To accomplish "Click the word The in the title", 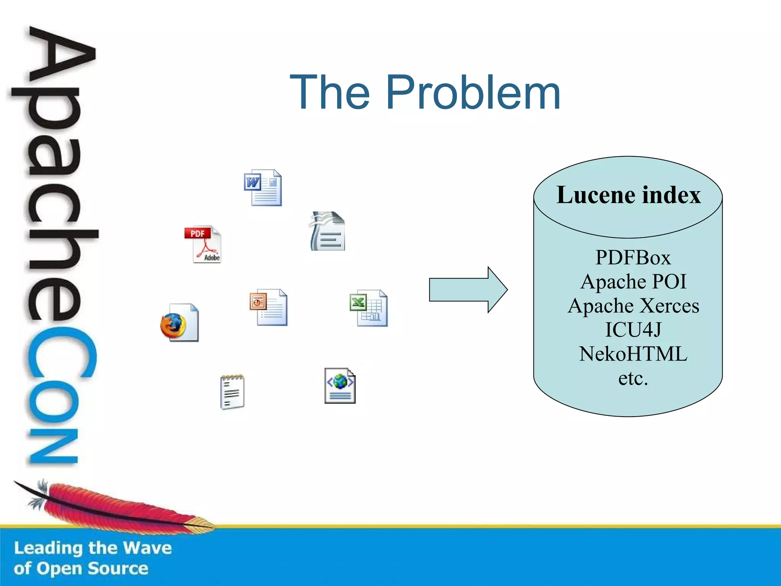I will [330, 92].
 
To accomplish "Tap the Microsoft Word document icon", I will [263, 188].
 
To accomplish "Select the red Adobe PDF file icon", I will [203, 244].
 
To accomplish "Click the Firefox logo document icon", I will [179, 323].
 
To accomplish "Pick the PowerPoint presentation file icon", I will [268, 307].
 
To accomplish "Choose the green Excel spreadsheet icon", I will [369, 308].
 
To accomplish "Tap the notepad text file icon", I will [232, 392].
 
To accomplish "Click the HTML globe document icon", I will [340, 385].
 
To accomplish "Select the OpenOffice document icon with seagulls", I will [328, 231].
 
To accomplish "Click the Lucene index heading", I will [628, 195].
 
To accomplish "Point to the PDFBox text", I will [633, 258].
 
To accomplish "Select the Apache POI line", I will [633, 282].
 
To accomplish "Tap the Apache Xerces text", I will [633, 306].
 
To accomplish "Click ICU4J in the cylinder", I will [633, 330].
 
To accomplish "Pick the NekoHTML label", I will [633, 354].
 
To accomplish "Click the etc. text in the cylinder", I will [633, 378].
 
